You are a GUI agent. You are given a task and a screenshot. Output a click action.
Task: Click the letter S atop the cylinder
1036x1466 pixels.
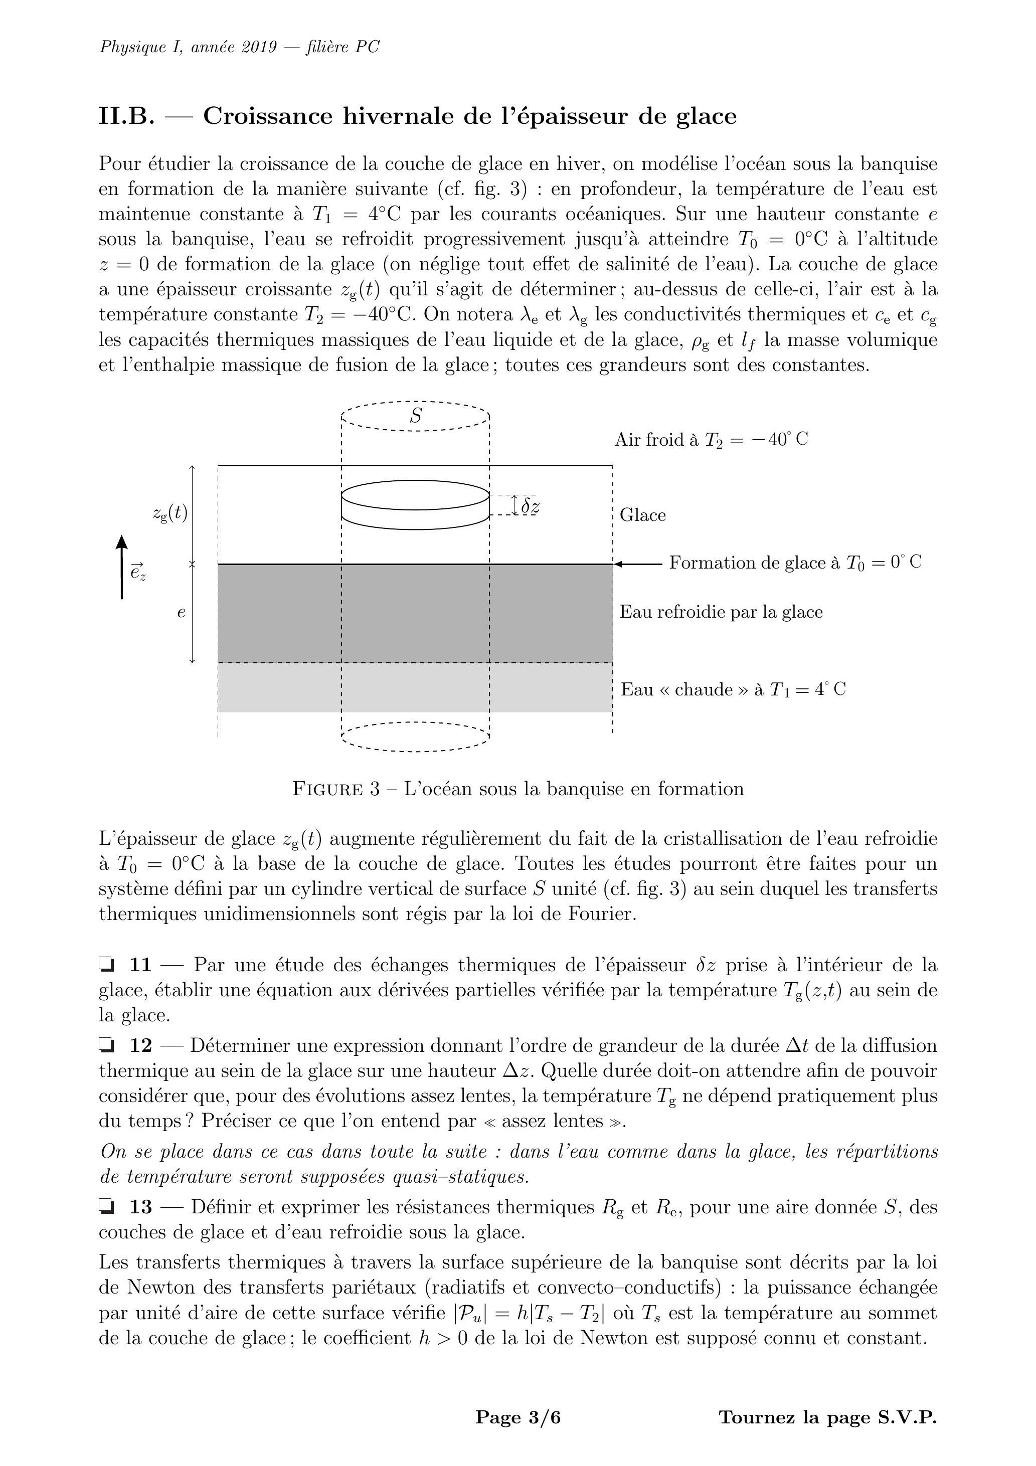point(416,416)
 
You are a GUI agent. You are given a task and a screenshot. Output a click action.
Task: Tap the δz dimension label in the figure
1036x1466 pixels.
point(530,506)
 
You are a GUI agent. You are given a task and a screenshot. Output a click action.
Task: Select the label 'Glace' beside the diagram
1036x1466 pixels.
point(642,515)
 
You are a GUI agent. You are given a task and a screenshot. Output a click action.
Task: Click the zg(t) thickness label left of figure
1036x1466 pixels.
point(170,513)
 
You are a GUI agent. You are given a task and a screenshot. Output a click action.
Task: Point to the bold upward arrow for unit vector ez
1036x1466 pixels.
point(121,567)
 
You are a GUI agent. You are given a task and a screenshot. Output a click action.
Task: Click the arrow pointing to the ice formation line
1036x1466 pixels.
point(639,564)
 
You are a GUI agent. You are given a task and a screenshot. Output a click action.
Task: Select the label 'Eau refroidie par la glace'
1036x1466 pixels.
point(721,612)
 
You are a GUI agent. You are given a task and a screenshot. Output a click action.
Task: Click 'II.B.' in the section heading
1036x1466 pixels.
point(126,116)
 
